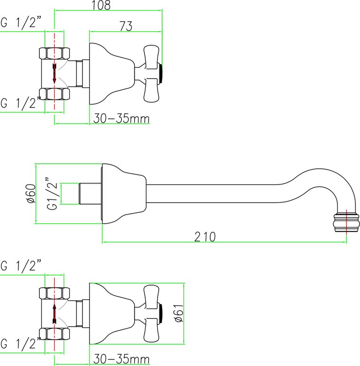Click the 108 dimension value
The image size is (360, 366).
(x=101, y=5)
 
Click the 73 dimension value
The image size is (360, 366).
(x=126, y=26)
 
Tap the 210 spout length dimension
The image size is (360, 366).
(x=205, y=237)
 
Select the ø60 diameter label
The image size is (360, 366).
(x=31, y=194)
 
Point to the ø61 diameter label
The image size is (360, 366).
(x=179, y=313)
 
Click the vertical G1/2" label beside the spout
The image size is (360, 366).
(x=52, y=194)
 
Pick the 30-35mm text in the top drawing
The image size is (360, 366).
(x=121, y=118)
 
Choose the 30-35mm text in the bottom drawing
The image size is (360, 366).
(x=121, y=359)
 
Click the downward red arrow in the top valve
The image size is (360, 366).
(x=55, y=74)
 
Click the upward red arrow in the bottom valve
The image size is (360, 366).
(x=55, y=314)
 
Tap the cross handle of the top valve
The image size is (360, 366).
(x=149, y=74)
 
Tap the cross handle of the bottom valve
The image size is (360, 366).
(x=149, y=314)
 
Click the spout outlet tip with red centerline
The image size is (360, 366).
(x=346, y=222)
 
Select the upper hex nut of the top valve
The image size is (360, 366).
(x=54, y=54)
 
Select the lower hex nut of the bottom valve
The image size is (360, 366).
(x=54, y=334)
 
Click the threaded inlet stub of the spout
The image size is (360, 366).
(x=90, y=194)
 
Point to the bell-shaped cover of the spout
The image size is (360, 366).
(x=124, y=194)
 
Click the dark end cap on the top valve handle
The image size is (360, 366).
(x=160, y=74)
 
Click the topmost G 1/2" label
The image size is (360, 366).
(x=21, y=23)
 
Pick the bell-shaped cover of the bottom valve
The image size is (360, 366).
(x=112, y=314)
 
